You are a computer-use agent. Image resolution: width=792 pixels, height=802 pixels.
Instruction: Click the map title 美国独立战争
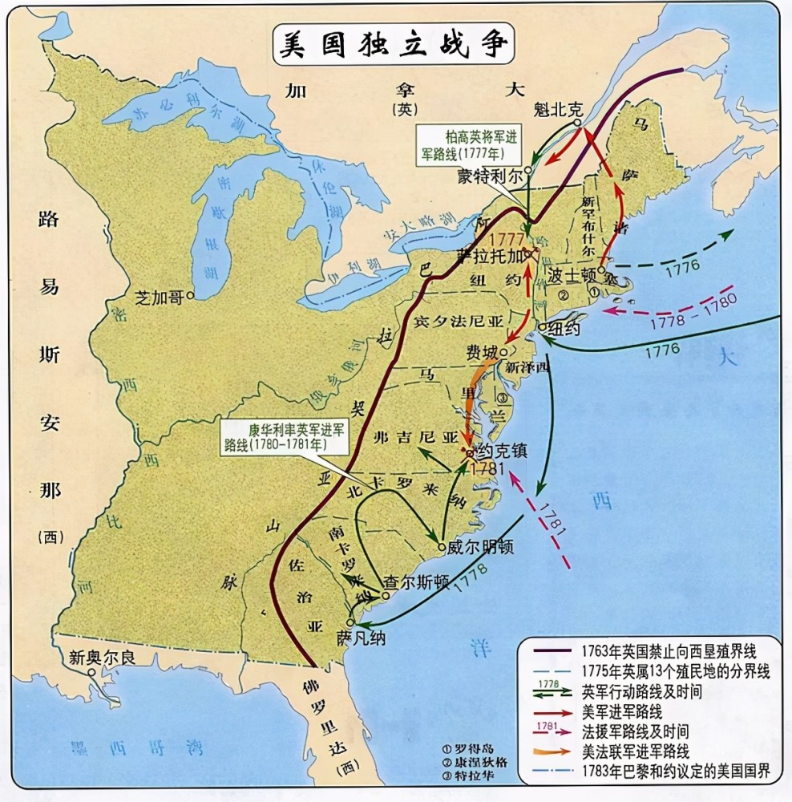click(x=392, y=45)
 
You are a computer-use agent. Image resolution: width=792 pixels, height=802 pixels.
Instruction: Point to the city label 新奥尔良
click(x=102, y=657)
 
